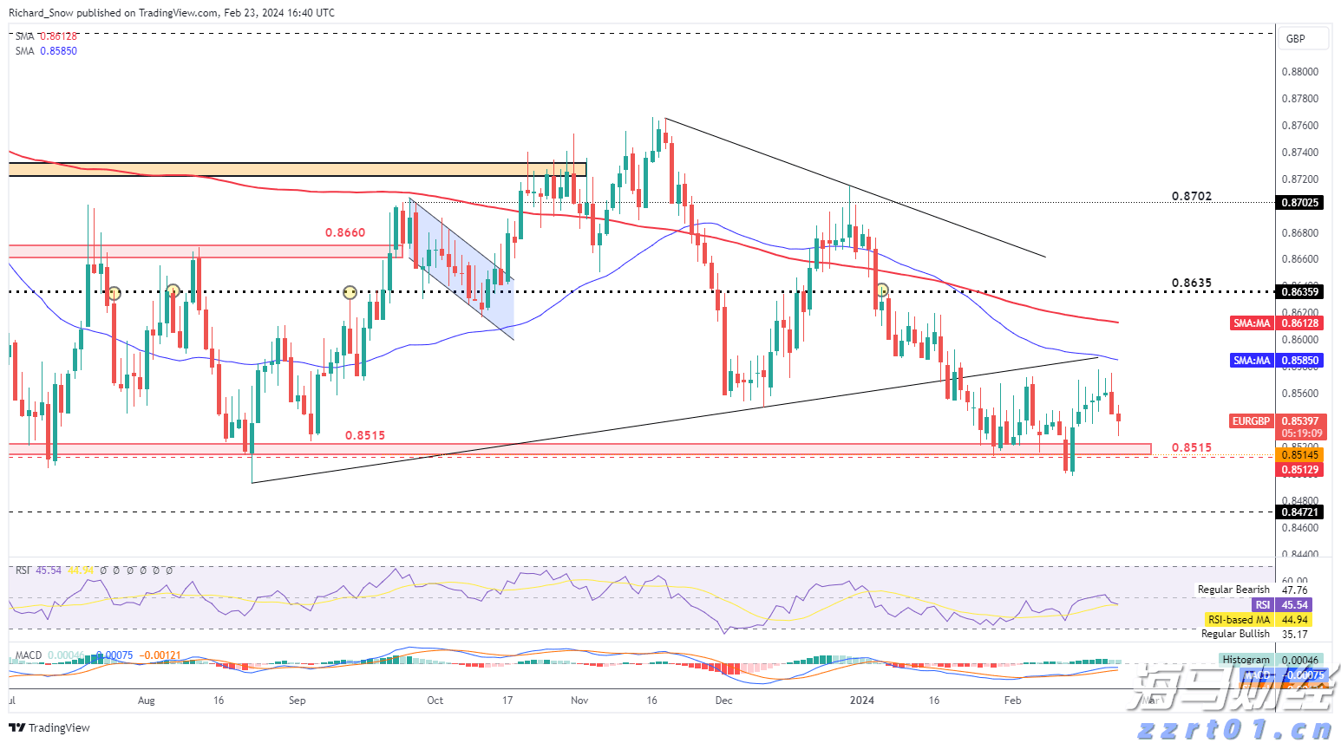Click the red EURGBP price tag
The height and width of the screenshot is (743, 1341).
1251,421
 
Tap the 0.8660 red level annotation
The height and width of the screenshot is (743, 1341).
344,232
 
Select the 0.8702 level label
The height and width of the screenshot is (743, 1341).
1191,197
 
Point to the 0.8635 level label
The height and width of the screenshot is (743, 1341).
1191,284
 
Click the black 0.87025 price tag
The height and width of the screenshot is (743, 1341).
1300,203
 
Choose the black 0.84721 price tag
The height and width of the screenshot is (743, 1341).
1300,512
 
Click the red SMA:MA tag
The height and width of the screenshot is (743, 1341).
1251,323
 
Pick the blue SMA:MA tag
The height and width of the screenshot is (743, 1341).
1251,361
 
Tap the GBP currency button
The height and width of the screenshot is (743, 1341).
1296,39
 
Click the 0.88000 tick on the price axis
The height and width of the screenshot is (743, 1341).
1299,72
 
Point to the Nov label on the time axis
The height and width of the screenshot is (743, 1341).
579,701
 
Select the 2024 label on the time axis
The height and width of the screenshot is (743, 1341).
861,701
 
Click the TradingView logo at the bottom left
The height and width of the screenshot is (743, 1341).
49,727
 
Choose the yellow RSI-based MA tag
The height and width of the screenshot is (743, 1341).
1239,620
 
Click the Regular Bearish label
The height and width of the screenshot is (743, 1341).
1233,590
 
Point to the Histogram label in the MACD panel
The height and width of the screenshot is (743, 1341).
1246,660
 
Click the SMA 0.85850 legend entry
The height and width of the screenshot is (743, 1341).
46,51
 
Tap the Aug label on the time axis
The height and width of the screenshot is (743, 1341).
146,701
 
